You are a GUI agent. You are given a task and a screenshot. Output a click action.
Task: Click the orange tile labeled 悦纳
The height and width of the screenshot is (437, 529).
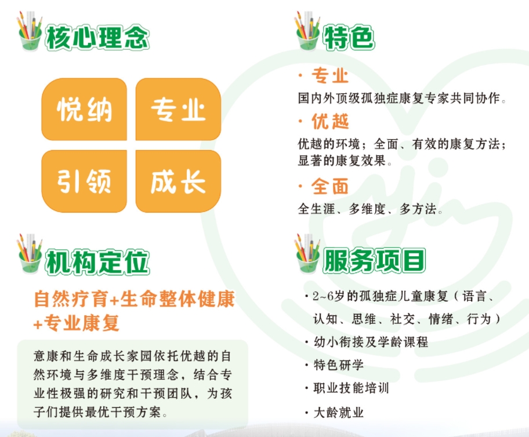84,109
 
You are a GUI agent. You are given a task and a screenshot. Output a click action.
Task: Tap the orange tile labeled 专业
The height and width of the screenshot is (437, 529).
178,109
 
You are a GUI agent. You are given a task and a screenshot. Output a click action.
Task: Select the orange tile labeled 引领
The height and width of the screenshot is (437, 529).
84,181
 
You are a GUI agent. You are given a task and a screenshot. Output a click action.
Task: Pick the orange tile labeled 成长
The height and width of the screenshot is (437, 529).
178,181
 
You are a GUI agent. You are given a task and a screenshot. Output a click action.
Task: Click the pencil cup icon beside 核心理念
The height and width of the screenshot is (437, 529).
30,34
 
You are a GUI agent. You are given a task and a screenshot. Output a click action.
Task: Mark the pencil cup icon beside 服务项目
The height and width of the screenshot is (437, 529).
307,255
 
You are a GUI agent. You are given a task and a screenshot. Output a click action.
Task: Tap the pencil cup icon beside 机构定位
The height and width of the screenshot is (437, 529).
29,256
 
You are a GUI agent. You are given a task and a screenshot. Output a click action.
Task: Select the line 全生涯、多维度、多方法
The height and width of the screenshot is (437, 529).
370,209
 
